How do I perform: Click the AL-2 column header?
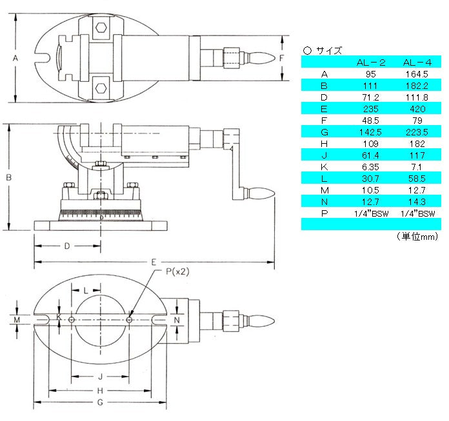[x=371, y=63]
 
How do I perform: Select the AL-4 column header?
[x=417, y=63]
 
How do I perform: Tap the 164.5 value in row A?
[x=417, y=74]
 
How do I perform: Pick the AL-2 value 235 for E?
[x=370, y=109]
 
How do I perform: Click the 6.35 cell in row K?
[x=370, y=167]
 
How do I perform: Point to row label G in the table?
[x=324, y=132]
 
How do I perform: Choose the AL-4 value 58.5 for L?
[x=417, y=179]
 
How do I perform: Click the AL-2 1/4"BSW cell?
[x=371, y=213]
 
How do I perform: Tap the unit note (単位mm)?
[x=417, y=237]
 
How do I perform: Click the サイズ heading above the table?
[x=329, y=51]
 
